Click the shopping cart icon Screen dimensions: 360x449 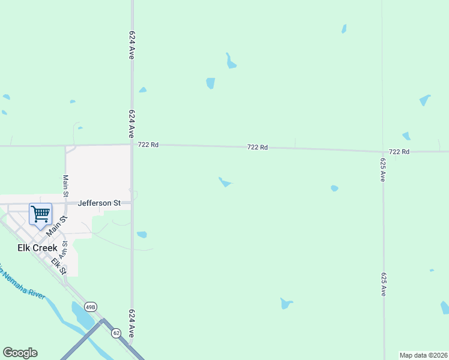pyautogui.click(x=40, y=214)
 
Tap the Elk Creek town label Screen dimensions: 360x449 pyautogui.click(x=37, y=247)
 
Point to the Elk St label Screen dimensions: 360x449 pyautogui.click(x=59, y=266)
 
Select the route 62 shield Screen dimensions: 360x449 pyautogui.click(x=116, y=333)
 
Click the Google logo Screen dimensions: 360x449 pyautogui.click(x=20, y=353)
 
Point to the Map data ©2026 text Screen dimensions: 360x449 pyautogui.click(x=423, y=355)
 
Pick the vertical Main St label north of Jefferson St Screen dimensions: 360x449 pyautogui.click(x=65, y=185)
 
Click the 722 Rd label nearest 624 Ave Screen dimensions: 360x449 pyautogui.click(x=148, y=145)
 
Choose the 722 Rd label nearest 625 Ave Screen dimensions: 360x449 pyautogui.click(x=399, y=152)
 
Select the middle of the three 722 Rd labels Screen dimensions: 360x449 pyautogui.click(x=258, y=147)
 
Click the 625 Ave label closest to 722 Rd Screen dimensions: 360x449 pyautogui.click(x=382, y=170)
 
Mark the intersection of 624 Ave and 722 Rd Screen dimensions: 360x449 pyautogui.click(x=132, y=144)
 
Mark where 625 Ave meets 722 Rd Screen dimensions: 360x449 pyautogui.click(x=383, y=151)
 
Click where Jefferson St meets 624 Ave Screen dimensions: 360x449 pyautogui.click(x=132, y=203)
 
